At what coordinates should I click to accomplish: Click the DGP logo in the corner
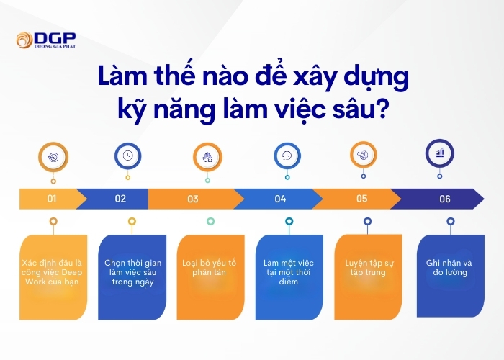[x=45, y=40]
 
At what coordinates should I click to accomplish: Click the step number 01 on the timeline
[x=52, y=198]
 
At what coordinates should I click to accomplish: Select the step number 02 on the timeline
[x=120, y=198]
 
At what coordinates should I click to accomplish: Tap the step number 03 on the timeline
[x=193, y=199]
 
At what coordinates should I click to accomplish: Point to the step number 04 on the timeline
[x=280, y=199]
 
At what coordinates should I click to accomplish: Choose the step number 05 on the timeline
[x=361, y=198]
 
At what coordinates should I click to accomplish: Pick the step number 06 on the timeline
[x=444, y=199]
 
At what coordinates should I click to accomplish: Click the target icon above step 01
[x=53, y=156]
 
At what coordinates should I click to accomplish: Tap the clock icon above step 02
[x=127, y=156]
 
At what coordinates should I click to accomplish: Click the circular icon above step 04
[x=287, y=156]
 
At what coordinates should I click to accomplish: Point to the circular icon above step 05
[x=364, y=155]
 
